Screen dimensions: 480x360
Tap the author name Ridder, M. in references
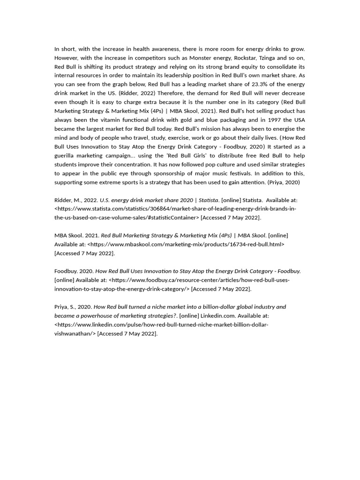68,200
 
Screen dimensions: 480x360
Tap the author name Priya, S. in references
66,307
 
